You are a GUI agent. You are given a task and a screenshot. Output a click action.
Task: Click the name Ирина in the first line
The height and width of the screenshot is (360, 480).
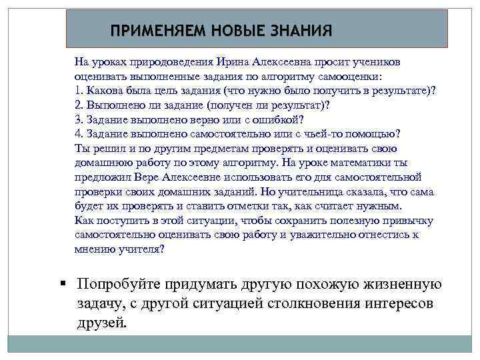coord(231,61)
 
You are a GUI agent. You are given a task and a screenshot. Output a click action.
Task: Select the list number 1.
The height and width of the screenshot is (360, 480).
coord(78,91)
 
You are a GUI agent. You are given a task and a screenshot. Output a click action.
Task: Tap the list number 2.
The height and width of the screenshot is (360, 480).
coord(78,105)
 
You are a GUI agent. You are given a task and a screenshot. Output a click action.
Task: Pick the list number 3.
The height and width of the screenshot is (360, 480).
coord(78,120)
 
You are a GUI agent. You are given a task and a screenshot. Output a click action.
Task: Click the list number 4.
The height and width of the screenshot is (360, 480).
coord(78,134)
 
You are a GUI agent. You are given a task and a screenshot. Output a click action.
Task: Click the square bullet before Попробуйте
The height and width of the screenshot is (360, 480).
coord(62,283)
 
